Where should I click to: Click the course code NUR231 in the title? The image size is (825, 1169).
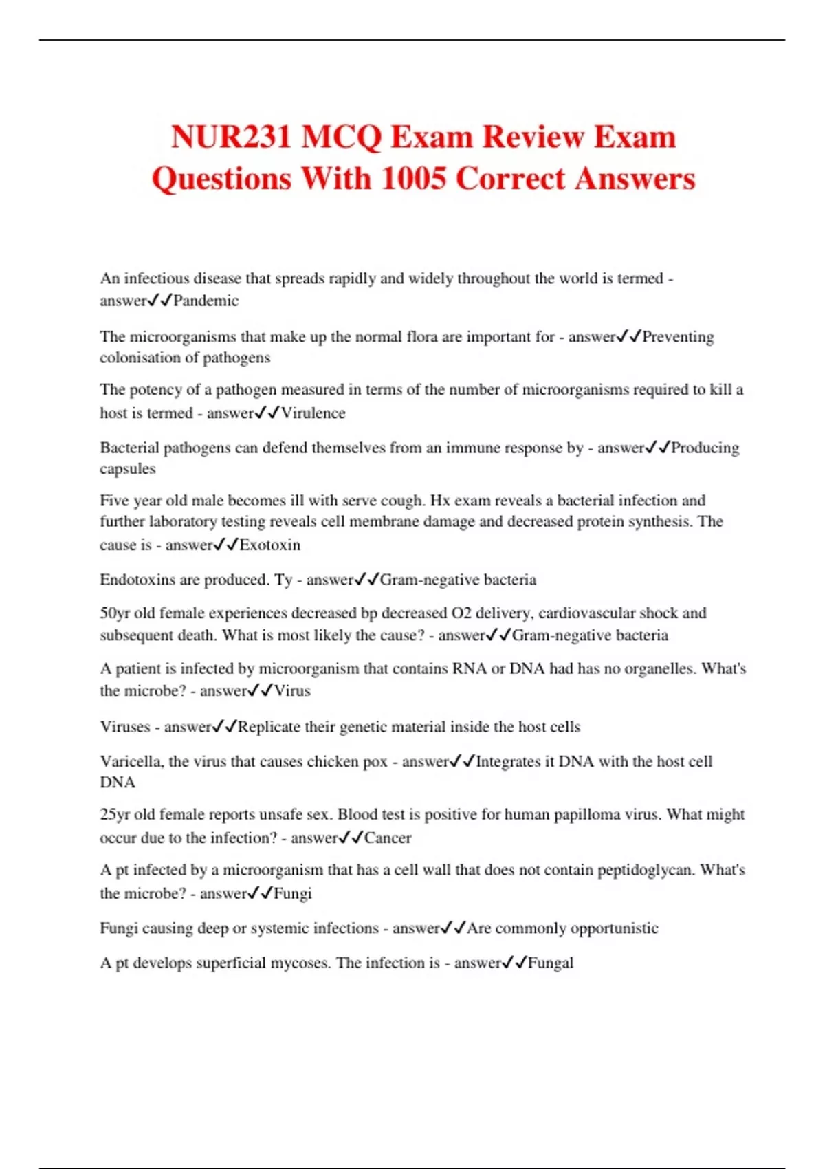click(x=231, y=136)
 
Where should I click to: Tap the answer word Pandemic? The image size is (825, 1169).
click(x=206, y=301)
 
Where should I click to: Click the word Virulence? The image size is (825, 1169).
click(x=313, y=413)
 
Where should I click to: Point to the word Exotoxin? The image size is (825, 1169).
click(x=269, y=545)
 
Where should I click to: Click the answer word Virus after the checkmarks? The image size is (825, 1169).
click(x=292, y=691)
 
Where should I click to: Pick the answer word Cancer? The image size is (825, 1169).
click(x=388, y=838)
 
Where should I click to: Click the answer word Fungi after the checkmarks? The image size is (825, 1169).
click(x=293, y=894)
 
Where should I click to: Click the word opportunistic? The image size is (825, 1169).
click(x=614, y=928)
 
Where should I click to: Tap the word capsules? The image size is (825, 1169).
click(x=128, y=469)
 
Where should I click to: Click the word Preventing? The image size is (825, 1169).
click(x=678, y=337)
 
